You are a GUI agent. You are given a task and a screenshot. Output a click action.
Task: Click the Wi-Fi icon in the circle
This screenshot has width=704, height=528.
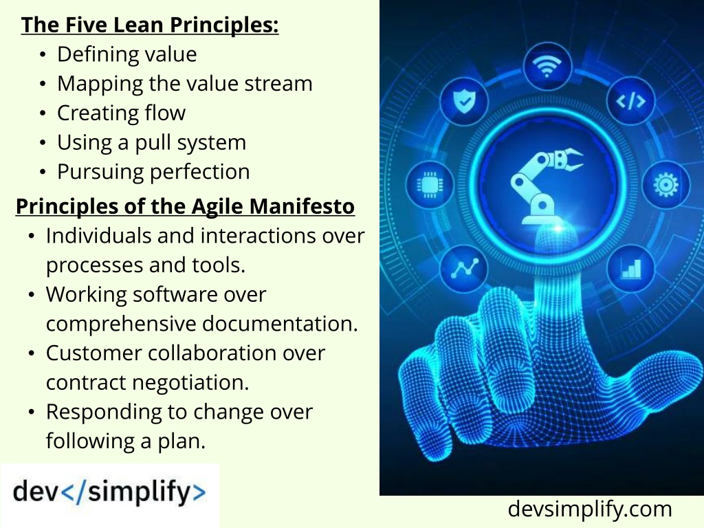click(547, 67)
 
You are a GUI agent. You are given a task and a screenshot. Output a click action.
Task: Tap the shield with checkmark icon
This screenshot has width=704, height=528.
click(464, 100)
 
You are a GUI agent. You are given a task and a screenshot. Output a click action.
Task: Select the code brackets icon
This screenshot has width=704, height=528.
click(630, 101)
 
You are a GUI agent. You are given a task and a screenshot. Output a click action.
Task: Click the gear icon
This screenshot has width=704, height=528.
click(665, 184)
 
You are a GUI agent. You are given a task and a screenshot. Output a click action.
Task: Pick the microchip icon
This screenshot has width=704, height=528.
click(430, 184)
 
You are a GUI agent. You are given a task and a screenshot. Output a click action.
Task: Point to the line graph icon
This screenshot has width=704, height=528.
click(464, 269)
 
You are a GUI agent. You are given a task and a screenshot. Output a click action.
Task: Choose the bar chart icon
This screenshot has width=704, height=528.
click(631, 269)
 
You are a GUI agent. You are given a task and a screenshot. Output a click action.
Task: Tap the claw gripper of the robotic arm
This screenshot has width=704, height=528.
click(569, 159)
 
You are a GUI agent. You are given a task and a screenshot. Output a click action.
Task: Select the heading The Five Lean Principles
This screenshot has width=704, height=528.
click(149, 25)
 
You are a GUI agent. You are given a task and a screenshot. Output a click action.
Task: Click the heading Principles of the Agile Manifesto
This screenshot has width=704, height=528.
click(185, 207)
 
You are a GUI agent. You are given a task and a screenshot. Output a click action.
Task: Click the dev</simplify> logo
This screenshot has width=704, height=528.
click(109, 492)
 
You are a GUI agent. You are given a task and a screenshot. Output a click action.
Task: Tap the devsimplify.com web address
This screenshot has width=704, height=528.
click(589, 509)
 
